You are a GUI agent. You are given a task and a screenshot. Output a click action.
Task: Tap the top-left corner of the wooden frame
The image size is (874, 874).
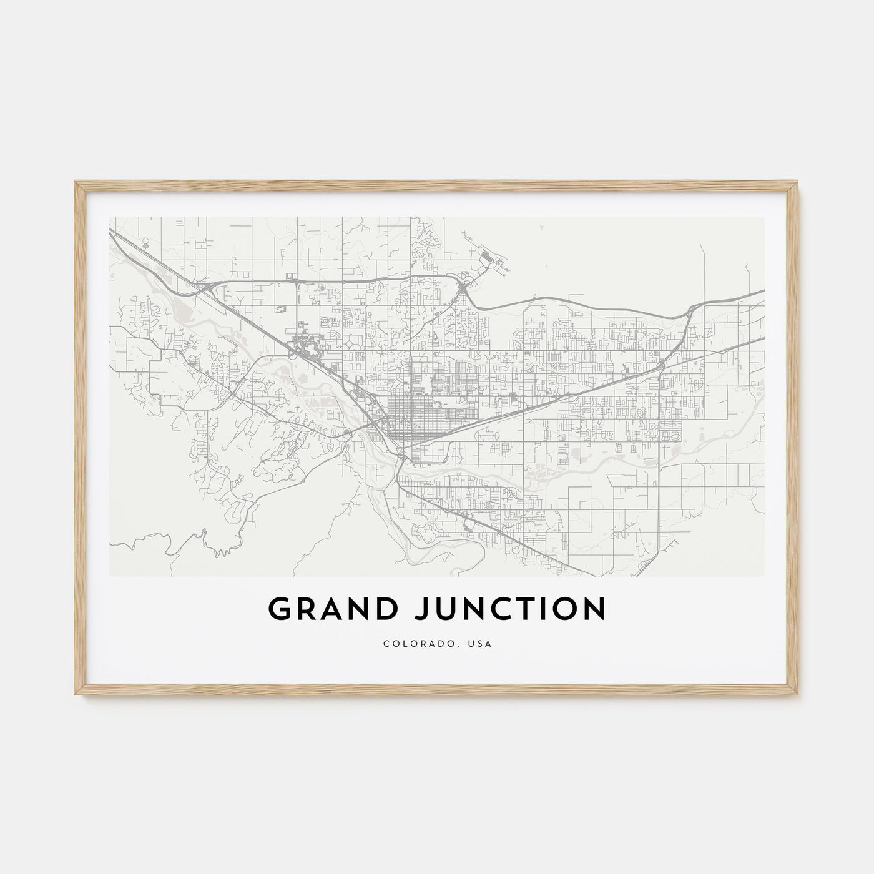(76, 182)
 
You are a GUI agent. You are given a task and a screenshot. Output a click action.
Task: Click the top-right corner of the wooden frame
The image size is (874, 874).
(800, 182)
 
